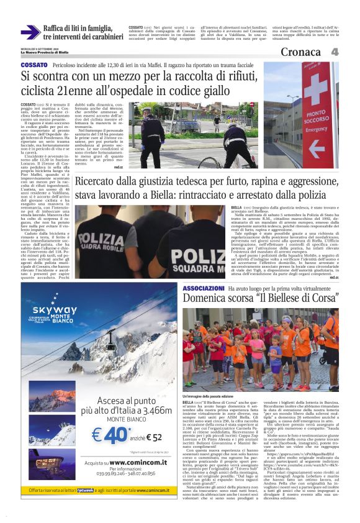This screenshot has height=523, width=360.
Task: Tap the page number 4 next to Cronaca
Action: coord(335,52)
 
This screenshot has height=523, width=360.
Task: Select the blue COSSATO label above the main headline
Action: coord(34,65)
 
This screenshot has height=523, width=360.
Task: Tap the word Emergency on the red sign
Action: coord(317,130)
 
